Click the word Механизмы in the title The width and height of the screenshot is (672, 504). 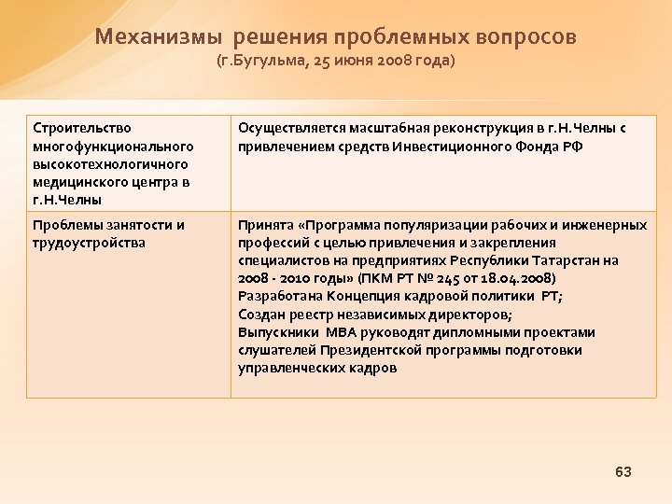click(x=159, y=37)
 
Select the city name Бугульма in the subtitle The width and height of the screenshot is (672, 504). click(x=276, y=63)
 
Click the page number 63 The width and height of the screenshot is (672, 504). click(x=623, y=472)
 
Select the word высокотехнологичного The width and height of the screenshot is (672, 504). click(x=110, y=164)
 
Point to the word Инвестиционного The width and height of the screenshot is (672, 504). click(x=445, y=147)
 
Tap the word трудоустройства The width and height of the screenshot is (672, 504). click(x=89, y=243)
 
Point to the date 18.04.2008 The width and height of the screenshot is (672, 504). click(x=515, y=279)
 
